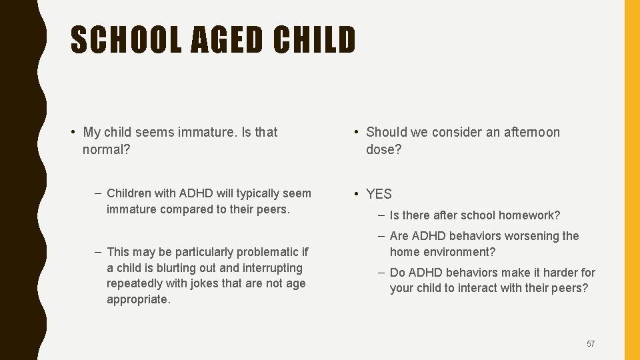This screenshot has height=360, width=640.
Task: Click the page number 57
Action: click(591, 344)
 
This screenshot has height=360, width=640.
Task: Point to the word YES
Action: click(379, 194)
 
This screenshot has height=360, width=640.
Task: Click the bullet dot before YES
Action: click(357, 194)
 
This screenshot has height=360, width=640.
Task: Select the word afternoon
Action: click(532, 132)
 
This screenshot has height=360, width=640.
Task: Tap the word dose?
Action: click(384, 149)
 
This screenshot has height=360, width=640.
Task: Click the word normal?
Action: click(107, 149)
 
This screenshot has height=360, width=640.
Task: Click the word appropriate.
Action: click(139, 299)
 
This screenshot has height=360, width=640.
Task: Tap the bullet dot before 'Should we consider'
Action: click(357, 132)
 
